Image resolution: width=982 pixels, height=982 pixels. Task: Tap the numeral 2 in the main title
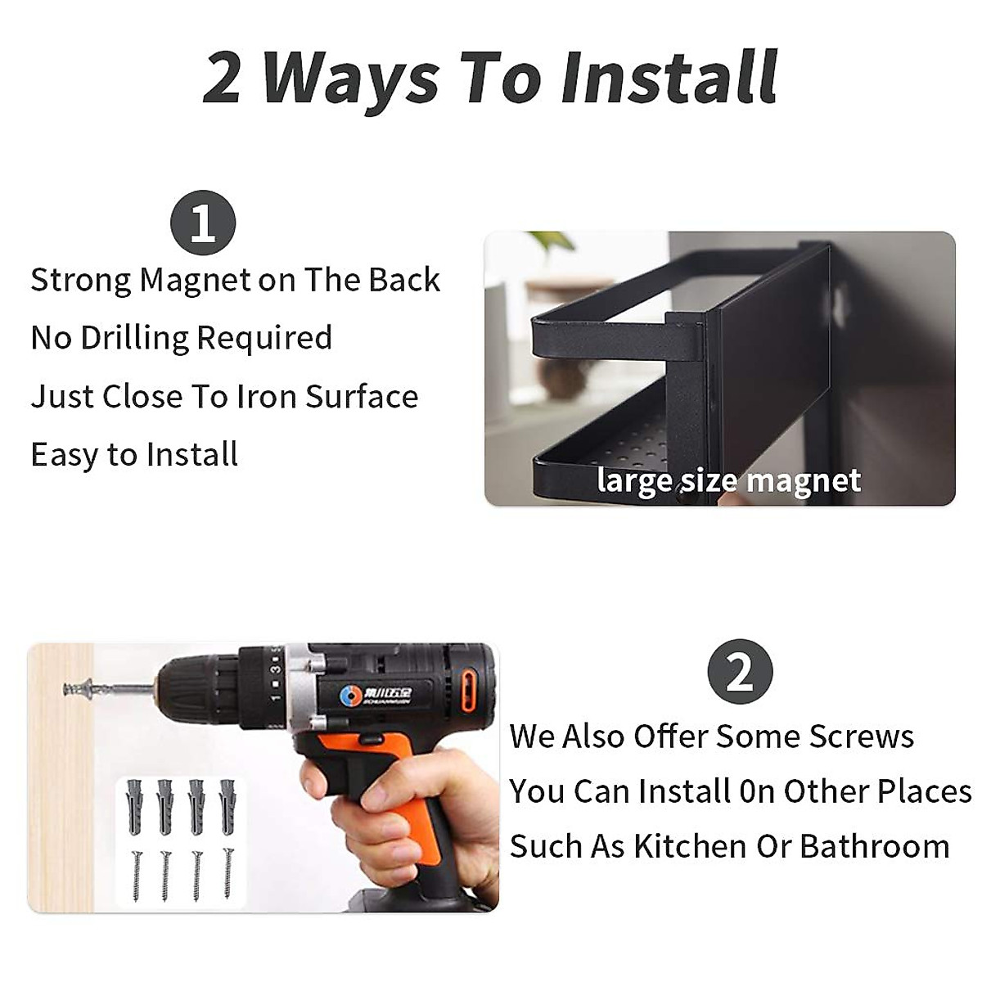point(222,79)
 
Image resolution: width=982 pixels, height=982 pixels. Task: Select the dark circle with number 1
point(202,223)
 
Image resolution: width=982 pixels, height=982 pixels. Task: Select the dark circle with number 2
point(740,672)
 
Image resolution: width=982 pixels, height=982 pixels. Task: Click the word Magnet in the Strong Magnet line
point(196,280)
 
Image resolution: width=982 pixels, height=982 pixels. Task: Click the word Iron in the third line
point(267,397)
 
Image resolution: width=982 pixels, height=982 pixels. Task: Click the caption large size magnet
point(728,480)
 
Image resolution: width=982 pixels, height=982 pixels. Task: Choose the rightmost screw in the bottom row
point(227,874)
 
